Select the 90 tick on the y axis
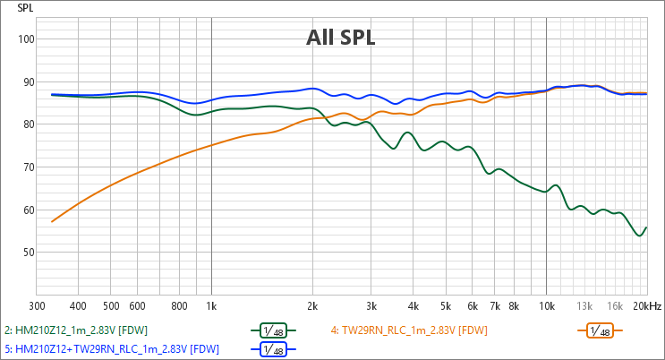(x=25, y=81)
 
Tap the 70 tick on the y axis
(x=25, y=167)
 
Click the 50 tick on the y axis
(x=25, y=253)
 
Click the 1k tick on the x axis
(x=210, y=305)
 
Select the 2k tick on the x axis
(x=311, y=305)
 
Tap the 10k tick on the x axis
(x=546, y=305)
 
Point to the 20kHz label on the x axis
(x=646, y=305)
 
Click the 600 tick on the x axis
(x=137, y=305)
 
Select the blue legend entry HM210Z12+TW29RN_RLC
(x=111, y=348)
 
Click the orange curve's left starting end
(x=52, y=221)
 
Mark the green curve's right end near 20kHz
(x=646, y=227)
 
